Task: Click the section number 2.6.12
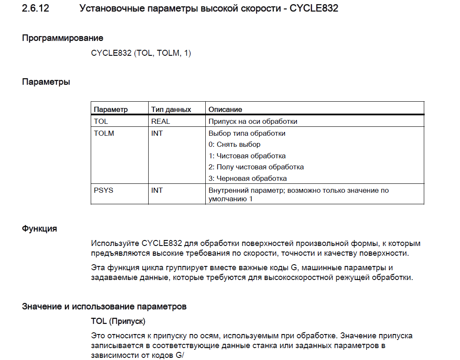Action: [35, 8]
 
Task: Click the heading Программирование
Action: [63, 38]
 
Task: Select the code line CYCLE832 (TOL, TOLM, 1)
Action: [141, 54]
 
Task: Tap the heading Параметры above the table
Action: [46, 82]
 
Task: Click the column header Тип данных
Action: [171, 109]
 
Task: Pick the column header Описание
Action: [225, 109]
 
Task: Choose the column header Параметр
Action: [111, 109]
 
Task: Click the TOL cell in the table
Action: [101, 121]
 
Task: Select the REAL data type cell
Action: [161, 121]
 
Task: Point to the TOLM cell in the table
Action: [104, 133]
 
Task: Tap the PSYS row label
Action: [103, 190]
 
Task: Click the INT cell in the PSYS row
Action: [157, 190]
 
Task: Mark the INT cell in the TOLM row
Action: [157, 133]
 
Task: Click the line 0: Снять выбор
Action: [234, 144]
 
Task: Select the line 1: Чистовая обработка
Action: [247, 156]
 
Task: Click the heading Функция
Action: [40, 229]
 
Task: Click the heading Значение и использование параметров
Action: [104, 306]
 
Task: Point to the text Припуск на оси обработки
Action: [253, 121]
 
